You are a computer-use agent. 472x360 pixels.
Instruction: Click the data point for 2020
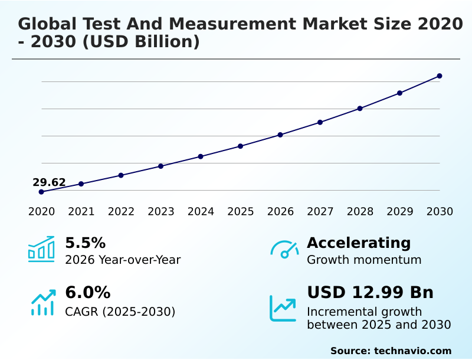[x=41, y=192]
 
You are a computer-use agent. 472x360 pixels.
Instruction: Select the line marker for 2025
[x=240, y=146]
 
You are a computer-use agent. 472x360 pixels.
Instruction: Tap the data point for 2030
[x=440, y=76]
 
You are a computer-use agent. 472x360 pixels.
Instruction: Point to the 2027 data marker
[x=320, y=122]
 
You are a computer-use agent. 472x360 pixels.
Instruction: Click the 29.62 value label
[x=49, y=182]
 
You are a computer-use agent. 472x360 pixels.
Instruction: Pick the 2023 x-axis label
[x=160, y=212]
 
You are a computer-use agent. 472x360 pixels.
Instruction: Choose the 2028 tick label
[x=360, y=212]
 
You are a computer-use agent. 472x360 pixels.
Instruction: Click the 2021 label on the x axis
[x=81, y=212]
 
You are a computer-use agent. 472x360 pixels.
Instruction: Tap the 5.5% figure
[x=85, y=243]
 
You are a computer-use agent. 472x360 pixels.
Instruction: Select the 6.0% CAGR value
[x=87, y=293]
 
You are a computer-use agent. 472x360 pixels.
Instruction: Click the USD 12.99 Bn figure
[x=370, y=293]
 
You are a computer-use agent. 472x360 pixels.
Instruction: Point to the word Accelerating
[x=359, y=243]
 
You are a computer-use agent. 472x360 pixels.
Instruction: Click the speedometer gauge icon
[x=284, y=249]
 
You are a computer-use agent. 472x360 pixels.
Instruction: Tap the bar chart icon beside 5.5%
[x=41, y=249]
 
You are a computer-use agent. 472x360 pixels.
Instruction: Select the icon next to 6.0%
[x=42, y=302]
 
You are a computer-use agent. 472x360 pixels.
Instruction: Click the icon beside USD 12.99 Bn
[x=283, y=308]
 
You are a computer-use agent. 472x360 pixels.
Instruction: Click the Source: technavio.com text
[x=391, y=351]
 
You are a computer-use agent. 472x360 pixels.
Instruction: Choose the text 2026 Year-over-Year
[x=123, y=260]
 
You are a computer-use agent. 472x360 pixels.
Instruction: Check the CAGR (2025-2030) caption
[x=120, y=312]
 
